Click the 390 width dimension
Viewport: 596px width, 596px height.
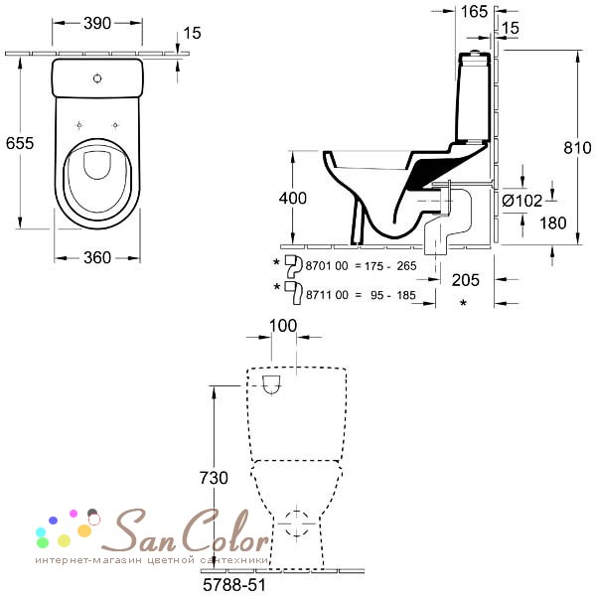point(97,24)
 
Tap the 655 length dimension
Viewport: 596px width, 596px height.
point(20,143)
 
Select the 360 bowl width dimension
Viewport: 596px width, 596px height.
point(97,258)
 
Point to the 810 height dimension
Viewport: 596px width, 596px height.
point(577,148)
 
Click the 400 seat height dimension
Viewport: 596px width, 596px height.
point(293,199)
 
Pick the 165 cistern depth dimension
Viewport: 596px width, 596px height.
point(474,12)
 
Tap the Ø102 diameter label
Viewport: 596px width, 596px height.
point(521,201)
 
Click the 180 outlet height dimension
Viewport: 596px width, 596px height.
point(553,223)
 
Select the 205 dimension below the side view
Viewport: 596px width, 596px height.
point(466,280)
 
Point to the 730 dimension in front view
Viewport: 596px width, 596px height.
point(214,478)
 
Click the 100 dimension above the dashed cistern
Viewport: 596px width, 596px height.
point(283,326)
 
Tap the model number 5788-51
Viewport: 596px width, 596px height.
point(234,585)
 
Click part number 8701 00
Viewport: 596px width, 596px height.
point(327,266)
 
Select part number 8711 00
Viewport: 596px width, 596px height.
point(327,295)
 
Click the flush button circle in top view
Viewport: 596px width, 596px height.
point(97,78)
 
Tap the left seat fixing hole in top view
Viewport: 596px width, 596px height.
point(79,125)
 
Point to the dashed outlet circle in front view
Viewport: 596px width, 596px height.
point(297,523)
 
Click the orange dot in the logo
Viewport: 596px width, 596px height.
point(84,530)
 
